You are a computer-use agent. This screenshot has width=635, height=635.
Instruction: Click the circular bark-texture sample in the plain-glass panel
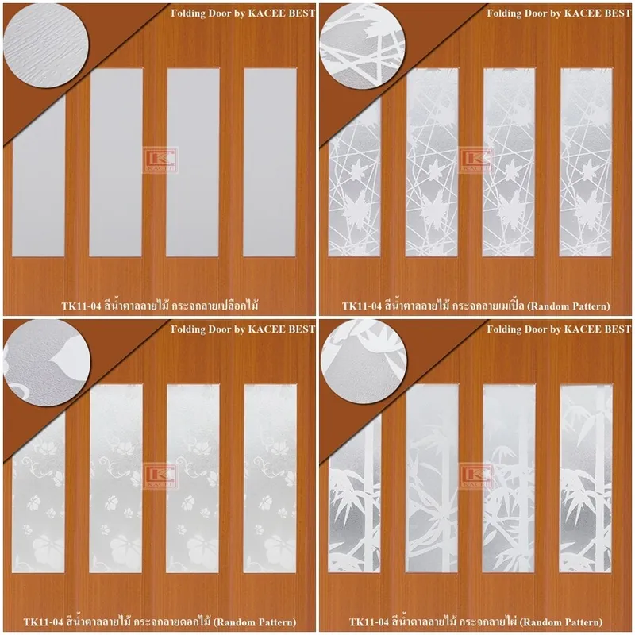click(45, 45)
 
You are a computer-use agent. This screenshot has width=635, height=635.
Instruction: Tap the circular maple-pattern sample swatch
click(362, 45)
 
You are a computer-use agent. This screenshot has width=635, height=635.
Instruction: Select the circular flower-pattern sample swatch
click(45, 361)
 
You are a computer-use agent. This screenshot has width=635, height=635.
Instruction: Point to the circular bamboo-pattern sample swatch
click(362, 361)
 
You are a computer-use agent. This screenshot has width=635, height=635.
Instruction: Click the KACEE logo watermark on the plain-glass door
click(160, 160)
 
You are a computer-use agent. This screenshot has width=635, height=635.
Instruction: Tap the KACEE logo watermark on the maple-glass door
click(476, 160)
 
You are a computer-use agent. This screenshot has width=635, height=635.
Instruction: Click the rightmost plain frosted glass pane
click(270, 162)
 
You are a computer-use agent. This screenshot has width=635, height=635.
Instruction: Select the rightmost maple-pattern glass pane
click(586, 162)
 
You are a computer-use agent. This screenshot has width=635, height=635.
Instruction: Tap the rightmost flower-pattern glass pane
click(270, 479)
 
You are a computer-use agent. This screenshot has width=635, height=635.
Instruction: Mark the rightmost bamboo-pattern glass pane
click(586, 479)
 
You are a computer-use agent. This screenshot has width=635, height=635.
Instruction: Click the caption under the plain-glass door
click(160, 305)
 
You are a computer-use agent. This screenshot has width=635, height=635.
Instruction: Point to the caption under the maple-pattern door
click(475, 305)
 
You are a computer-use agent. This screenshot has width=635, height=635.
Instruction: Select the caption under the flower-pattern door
click(160, 622)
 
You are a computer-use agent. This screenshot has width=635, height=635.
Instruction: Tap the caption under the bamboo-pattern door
click(475, 622)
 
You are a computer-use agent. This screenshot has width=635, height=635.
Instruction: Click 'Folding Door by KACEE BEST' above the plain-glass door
click(243, 13)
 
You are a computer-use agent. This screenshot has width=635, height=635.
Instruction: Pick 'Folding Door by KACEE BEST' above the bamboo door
click(559, 329)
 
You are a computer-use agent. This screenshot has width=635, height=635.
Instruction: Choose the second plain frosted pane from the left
click(116, 162)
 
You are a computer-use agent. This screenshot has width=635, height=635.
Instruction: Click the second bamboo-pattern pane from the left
click(432, 479)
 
